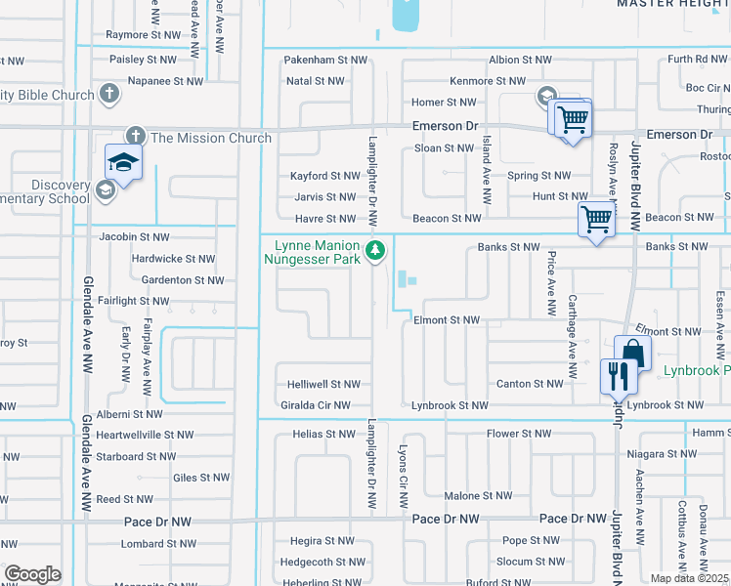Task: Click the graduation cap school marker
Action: (124, 163)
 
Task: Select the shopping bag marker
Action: (632, 353)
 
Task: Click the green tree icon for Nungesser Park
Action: (374, 252)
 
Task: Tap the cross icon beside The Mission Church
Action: (135, 137)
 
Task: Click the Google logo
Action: (31, 574)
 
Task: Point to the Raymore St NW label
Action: (144, 35)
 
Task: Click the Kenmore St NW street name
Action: (487, 81)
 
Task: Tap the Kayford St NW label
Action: (325, 177)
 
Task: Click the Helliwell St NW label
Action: (324, 385)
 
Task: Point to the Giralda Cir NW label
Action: (319, 405)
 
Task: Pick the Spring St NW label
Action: (538, 177)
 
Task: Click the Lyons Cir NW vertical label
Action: (403, 477)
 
